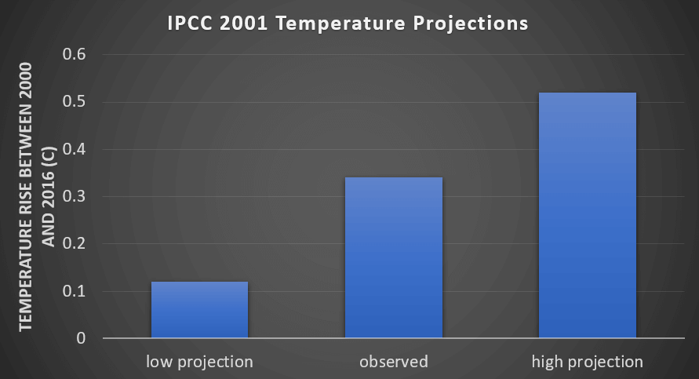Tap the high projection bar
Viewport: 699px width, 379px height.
tap(587, 215)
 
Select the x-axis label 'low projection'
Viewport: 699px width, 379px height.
tap(199, 362)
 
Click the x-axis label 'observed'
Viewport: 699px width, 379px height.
tap(393, 362)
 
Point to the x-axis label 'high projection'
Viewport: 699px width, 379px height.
tap(587, 362)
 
